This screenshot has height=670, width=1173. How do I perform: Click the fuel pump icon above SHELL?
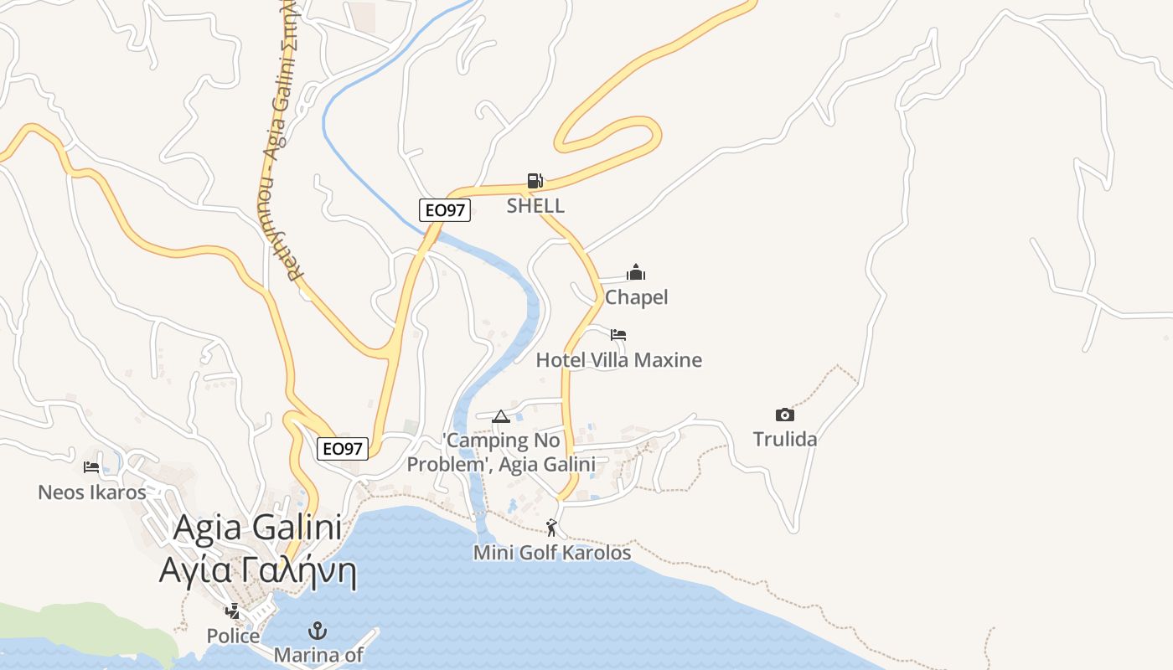click(535, 180)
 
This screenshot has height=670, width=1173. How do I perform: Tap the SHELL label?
click(535, 205)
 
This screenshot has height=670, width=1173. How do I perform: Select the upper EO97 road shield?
click(444, 210)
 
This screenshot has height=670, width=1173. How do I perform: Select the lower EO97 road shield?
click(343, 449)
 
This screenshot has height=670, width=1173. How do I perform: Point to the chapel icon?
click(636, 272)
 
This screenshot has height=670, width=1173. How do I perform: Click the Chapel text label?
click(636, 297)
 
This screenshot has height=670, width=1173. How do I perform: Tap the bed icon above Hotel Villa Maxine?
click(618, 335)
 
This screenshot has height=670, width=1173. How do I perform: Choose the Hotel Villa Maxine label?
click(618, 360)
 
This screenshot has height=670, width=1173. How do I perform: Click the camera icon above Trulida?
click(784, 415)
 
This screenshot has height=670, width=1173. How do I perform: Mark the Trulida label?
click(784, 439)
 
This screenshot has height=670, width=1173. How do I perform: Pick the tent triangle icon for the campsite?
click(501, 416)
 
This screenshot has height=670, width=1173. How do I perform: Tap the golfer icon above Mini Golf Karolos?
click(551, 528)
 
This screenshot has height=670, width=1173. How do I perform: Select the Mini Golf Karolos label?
click(551, 553)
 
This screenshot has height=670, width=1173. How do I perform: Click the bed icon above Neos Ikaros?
click(91, 466)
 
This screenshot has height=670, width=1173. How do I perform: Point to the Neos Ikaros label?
click(91, 492)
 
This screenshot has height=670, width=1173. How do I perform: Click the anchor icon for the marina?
click(318, 630)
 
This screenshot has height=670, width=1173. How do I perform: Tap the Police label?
click(233, 636)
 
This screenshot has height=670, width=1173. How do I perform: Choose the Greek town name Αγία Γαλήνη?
click(258, 572)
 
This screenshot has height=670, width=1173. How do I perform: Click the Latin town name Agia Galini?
click(258, 528)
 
